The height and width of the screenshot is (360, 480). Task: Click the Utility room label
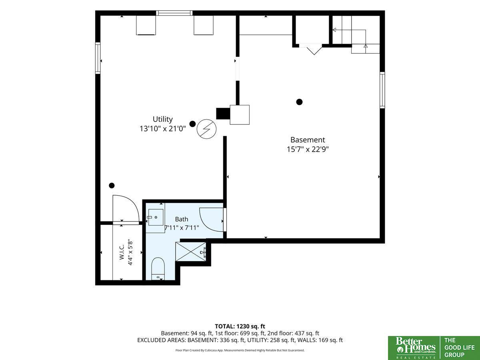coord(162,119)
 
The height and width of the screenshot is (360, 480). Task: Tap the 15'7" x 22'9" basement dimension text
coord(308,149)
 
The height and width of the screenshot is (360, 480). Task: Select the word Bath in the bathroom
coord(182,219)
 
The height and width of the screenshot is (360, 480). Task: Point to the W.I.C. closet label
coord(122,252)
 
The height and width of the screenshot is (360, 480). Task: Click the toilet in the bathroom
coord(158,269)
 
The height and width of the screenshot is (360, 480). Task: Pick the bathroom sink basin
coord(156,217)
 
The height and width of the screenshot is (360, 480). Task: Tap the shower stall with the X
coord(191,252)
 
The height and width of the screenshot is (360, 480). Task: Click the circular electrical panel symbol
coord(206,129)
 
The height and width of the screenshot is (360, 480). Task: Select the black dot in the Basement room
coord(299,102)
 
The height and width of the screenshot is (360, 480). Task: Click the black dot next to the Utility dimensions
coord(192,124)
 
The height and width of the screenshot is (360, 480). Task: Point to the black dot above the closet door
coord(112,186)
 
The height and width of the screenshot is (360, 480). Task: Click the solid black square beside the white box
coord(223,114)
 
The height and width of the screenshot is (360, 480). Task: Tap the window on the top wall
coord(174,13)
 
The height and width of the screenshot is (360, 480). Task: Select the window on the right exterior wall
coord(382,90)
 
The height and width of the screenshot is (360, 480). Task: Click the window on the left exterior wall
coord(98,58)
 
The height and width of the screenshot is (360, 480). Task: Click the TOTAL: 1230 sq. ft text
coord(240,326)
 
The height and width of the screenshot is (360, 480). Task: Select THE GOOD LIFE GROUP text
coord(459,348)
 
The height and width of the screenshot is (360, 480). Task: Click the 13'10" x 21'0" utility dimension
coord(163,129)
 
